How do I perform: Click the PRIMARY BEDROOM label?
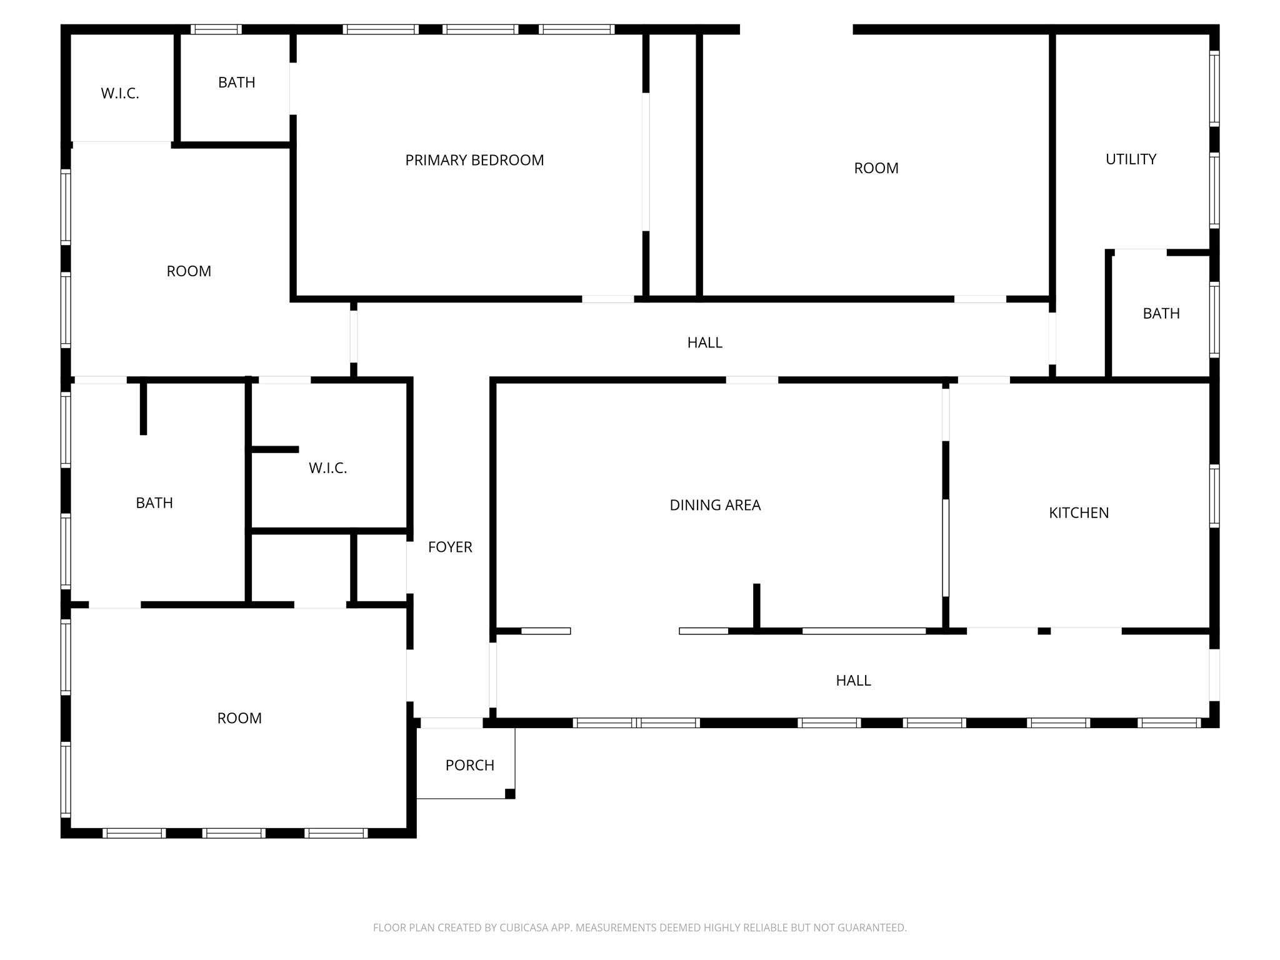(474, 161)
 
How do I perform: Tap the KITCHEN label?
(1079, 513)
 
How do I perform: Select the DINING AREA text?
(715, 505)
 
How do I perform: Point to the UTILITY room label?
(1131, 159)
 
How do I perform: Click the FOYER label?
(450, 547)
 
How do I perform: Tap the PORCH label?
(469, 765)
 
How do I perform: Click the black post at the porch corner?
(510, 794)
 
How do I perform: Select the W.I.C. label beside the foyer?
(327, 468)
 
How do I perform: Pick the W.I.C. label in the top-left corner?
(120, 94)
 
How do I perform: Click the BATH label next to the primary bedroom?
(236, 82)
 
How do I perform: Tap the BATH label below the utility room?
(1161, 314)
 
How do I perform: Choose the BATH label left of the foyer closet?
(154, 503)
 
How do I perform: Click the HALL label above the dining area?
(704, 342)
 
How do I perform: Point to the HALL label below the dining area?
(853, 681)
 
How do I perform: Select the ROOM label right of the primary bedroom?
(876, 168)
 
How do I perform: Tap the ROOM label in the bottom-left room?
(239, 719)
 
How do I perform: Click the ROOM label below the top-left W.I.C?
(189, 271)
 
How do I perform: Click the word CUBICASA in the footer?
(523, 927)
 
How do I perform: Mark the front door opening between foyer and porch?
(451, 723)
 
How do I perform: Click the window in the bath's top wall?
(216, 29)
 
